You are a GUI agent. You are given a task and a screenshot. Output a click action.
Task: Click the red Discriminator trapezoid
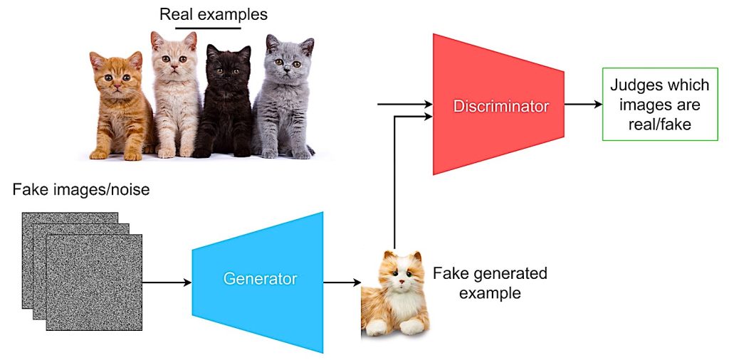point(498,104)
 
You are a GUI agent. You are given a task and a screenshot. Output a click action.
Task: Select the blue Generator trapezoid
point(258,282)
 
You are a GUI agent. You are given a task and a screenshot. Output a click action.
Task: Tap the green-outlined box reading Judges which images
point(660,104)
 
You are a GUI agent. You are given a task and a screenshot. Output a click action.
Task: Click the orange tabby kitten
point(121,106)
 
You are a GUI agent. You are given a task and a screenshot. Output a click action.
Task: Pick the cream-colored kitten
point(175,95)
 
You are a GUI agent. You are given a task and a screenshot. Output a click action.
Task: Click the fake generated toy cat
point(395,294)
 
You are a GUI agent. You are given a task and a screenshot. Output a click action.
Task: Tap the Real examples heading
point(214,15)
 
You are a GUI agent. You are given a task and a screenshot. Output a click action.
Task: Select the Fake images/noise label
point(81,189)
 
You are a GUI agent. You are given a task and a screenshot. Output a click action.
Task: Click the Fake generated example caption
point(490,282)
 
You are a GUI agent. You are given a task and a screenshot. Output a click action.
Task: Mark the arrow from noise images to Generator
point(167,282)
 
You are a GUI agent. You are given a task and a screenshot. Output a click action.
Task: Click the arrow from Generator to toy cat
point(342,282)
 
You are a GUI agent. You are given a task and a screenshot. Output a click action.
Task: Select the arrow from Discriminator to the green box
point(583,104)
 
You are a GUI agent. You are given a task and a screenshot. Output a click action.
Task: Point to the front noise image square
point(95,282)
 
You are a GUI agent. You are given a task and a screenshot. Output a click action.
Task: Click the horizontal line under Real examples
point(209,28)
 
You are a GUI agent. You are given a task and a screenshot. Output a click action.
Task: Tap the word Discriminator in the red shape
point(501,107)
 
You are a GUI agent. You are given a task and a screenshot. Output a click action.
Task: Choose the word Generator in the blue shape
point(260,279)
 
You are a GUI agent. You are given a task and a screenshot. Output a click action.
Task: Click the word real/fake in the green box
point(660,125)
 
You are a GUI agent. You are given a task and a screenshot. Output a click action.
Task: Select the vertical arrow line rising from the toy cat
point(394,183)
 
